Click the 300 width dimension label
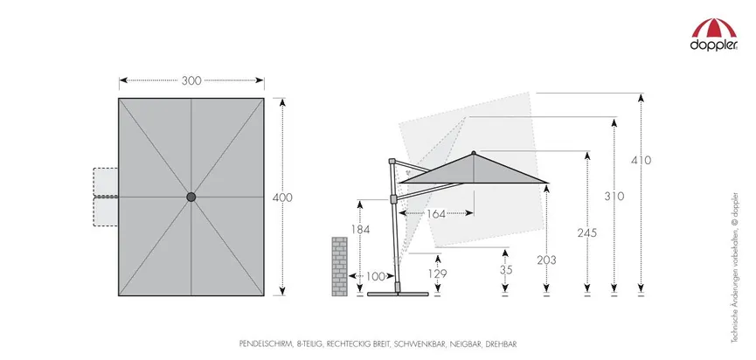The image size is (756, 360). (191, 81)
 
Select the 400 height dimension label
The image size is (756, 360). (282, 197)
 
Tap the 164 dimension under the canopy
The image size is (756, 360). (436, 214)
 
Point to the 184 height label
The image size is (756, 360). (360, 230)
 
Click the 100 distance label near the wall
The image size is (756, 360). (376, 277)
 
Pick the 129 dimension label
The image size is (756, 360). (437, 273)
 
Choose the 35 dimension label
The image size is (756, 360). (506, 270)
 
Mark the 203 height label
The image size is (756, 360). (546, 260)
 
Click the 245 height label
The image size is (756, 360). (587, 233)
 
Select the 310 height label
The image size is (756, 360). (614, 197)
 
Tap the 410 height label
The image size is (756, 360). (642, 160)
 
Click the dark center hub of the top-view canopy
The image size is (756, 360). (191, 197)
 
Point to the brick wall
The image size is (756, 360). (339, 266)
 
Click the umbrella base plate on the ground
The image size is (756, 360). (398, 294)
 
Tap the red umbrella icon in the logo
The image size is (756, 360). (714, 29)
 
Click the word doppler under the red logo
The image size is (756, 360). (713, 45)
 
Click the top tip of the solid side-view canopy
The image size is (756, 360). (474, 153)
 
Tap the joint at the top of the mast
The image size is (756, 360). (392, 162)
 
